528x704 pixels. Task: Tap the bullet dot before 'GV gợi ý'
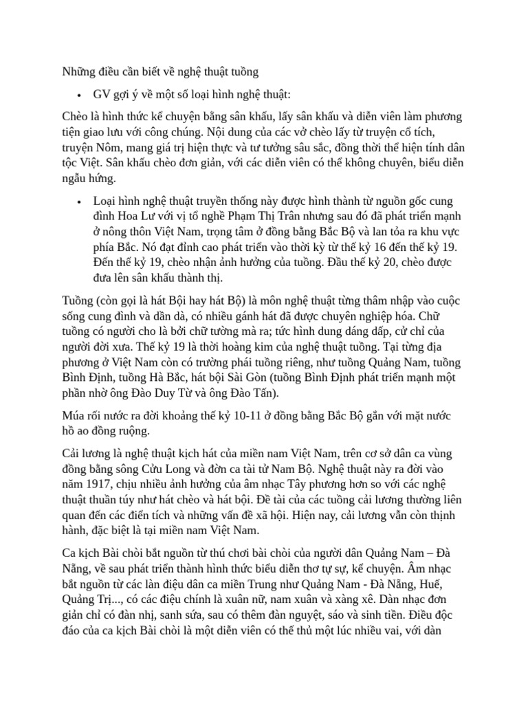pos(80,95)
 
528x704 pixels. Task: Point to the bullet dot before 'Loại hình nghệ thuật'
pos(80,201)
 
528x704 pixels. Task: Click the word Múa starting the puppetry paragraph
pos(76,417)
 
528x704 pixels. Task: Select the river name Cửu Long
pos(178,470)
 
